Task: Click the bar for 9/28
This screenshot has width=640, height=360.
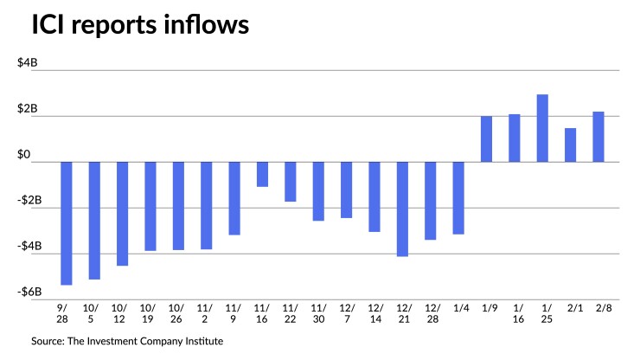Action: point(66,222)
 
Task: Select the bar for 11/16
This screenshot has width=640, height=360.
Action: point(262,174)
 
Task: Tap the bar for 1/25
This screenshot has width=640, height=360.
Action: point(542,128)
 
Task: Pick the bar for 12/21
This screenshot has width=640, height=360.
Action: point(402,209)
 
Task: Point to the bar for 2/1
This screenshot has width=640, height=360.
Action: point(570,145)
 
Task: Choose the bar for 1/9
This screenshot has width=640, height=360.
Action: point(486,138)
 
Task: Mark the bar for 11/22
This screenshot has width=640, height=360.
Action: point(291,182)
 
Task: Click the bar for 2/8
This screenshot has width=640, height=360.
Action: point(598,137)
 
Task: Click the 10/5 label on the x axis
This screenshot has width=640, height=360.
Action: point(93,313)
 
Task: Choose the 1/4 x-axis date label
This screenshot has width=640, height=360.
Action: point(458,308)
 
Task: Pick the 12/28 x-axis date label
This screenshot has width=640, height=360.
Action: point(431,313)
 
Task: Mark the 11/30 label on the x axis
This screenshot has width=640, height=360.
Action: point(318,313)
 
